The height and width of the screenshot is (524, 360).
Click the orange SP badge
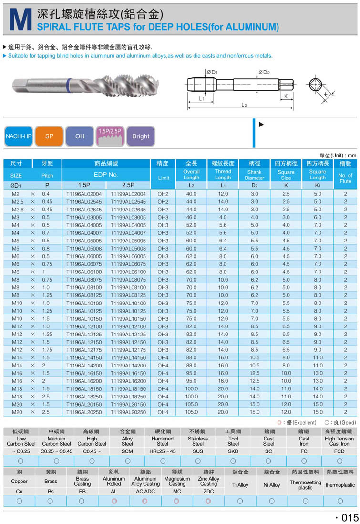tap(49, 136)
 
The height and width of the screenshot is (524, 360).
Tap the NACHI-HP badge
tap(19, 136)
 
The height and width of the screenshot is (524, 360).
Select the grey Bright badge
tap(141, 136)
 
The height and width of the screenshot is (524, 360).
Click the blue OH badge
tap(80, 136)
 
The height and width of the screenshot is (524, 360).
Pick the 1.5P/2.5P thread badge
tap(110, 136)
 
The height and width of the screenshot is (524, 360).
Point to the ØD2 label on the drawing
tap(264, 72)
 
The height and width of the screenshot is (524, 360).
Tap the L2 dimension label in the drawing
tap(244, 105)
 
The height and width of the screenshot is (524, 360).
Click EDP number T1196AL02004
tap(84, 194)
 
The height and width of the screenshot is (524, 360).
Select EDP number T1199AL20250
tap(128, 412)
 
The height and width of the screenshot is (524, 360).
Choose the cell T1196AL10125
tap(84, 311)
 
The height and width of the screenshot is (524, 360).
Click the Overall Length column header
tap(191, 175)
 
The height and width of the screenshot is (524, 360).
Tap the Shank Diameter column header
tap(254, 175)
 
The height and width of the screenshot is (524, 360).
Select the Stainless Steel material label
tap(198, 441)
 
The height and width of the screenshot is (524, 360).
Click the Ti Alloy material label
tap(240, 485)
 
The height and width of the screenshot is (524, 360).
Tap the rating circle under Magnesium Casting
tap(176, 501)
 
